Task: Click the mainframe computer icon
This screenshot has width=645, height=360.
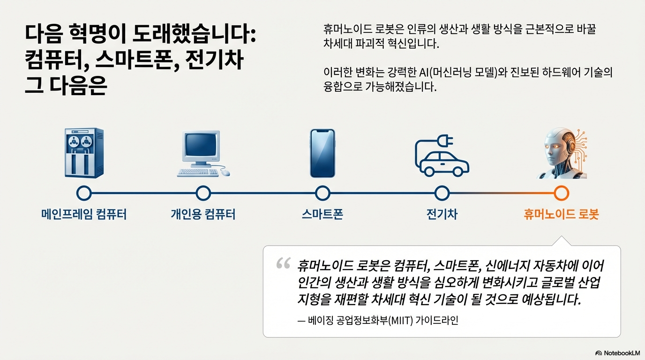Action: point(83,153)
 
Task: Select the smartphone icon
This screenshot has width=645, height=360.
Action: point(322,153)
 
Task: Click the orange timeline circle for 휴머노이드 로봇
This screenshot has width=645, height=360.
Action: point(561,193)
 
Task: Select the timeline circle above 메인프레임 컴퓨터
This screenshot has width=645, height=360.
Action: point(83,193)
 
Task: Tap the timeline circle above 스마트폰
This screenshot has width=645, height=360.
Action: point(322,193)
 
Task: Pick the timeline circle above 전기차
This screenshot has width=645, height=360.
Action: point(442,193)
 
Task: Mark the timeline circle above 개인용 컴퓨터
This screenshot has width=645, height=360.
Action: point(203,193)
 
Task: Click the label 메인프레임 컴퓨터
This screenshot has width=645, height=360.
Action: point(83,215)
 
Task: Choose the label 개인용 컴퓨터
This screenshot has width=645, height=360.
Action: point(203,215)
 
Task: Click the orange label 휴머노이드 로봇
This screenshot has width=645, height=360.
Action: point(561,215)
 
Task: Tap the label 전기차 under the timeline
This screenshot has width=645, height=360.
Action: point(442,215)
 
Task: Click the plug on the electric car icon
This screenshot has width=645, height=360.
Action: point(445,140)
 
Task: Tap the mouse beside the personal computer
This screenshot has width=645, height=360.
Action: point(226,172)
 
